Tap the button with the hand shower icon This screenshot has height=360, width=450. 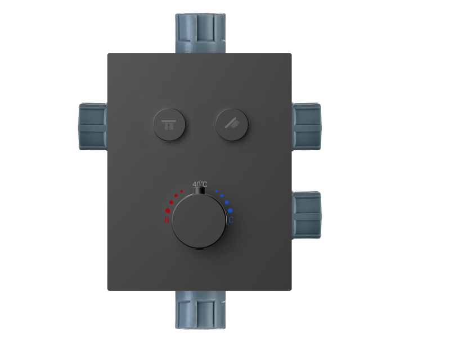tap(231, 122)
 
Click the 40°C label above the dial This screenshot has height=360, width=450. tap(200, 184)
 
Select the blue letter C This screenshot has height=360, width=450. tap(231, 219)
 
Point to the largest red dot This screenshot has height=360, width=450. tap(168, 210)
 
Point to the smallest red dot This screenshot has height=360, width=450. tap(182, 191)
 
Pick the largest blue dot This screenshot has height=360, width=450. tap(230, 210)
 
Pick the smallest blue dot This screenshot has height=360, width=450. tap(217, 191)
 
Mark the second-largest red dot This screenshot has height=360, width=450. tap(172, 202)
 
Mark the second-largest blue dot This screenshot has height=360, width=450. tap(227, 202)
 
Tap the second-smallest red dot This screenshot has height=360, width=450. tap(176, 196)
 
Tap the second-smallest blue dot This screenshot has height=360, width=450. tap(222, 196)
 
